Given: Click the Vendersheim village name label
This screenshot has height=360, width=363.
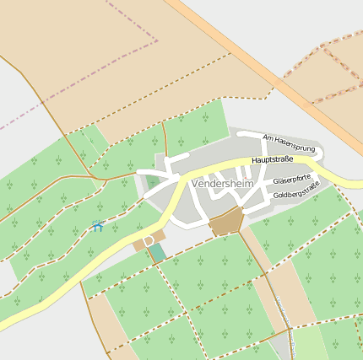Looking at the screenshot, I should pyautogui.click(x=223, y=184).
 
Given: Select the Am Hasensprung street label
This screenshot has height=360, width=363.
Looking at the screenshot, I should pyautogui.click(x=289, y=143).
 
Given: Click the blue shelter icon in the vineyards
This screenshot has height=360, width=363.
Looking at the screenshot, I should pyautogui.click(x=97, y=226).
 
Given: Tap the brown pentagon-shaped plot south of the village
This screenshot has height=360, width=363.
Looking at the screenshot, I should pyautogui.click(x=226, y=222).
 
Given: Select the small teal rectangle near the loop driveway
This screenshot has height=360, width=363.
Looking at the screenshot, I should pyautogui.click(x=158, y=252).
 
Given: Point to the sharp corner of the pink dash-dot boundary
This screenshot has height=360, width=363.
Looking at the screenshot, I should pyautogui.click(x=158, y=40).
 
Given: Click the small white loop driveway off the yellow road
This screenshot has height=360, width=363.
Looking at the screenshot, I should pyautogui.click(x=149, y=241).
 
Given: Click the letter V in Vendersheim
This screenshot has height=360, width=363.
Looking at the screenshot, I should pyautogui.click(x=196, y=184).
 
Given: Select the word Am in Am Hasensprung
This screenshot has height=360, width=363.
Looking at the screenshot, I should pyautogui.click(x=268, y=137).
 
